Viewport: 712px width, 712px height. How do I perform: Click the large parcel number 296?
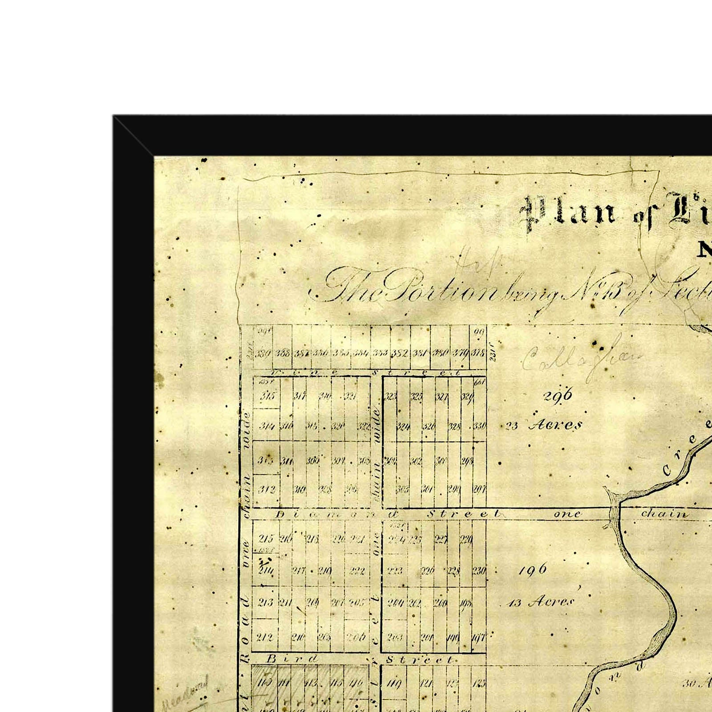tap(558, 395)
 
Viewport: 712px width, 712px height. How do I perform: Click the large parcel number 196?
tap(533, 570)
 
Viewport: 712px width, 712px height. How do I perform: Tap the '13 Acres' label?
tap(541, 603)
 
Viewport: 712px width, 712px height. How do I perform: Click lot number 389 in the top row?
tap(263, 354)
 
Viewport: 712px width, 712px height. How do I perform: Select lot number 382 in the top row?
tap(399, 354)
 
